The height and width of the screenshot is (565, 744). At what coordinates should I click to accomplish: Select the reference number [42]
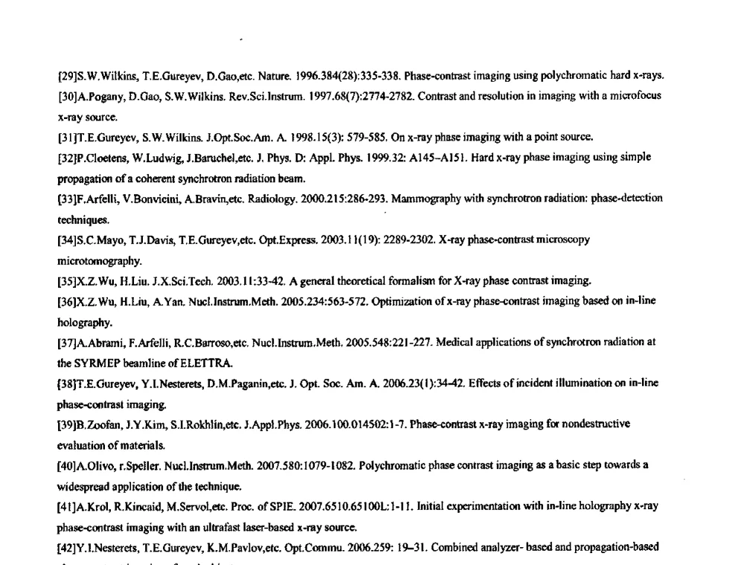point(66,548)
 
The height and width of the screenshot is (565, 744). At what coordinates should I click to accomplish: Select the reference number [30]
point(66,96)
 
